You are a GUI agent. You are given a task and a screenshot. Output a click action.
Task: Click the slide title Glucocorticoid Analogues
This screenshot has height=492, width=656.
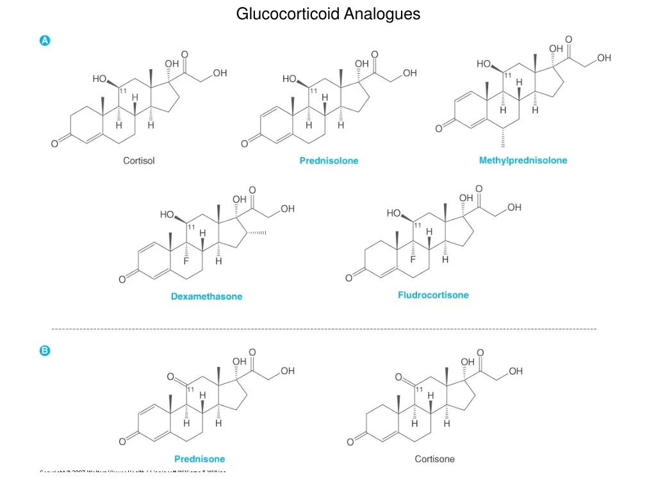[328, 13]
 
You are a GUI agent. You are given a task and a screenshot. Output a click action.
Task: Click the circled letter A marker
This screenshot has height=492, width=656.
[45, 40]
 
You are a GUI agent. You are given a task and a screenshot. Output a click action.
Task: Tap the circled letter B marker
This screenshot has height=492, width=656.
[45, 350]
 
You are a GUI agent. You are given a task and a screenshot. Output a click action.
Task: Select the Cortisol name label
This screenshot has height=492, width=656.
[139, 161]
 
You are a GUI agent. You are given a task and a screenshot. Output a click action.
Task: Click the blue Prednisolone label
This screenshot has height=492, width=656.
[329, 161]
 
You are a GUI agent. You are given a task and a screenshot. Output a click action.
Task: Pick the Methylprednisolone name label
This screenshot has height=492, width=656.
[523, 160]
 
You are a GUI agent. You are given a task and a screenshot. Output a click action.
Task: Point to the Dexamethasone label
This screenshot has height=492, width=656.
[206, 297]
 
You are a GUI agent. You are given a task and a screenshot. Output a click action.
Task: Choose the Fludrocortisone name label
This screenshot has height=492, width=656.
[433, 295]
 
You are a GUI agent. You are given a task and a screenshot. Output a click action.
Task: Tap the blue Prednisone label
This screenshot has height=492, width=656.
[200, 459]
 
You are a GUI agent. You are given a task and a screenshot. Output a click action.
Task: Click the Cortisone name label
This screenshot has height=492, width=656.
[434, 459]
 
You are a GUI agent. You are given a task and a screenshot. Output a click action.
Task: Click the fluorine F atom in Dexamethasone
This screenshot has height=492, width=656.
[186, 261]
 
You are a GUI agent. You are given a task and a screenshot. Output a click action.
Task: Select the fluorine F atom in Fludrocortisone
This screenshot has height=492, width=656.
[413, 259]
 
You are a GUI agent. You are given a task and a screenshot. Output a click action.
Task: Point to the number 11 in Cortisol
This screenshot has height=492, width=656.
[123, 91]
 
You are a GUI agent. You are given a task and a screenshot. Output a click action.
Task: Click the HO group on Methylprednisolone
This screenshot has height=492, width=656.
[484, 64]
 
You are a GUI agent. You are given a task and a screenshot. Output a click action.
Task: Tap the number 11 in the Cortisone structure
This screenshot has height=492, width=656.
[419, 389]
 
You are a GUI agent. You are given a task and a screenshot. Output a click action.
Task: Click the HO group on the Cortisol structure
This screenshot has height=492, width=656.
[100, 79]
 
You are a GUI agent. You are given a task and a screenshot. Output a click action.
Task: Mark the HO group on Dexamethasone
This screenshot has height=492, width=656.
[168, 215]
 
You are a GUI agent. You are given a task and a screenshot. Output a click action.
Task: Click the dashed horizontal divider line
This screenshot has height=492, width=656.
[324, 329]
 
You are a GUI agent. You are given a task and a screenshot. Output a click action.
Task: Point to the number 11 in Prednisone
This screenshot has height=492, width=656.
[191, 389]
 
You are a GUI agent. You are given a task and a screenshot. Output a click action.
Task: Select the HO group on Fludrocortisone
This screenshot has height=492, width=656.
[395, 213]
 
